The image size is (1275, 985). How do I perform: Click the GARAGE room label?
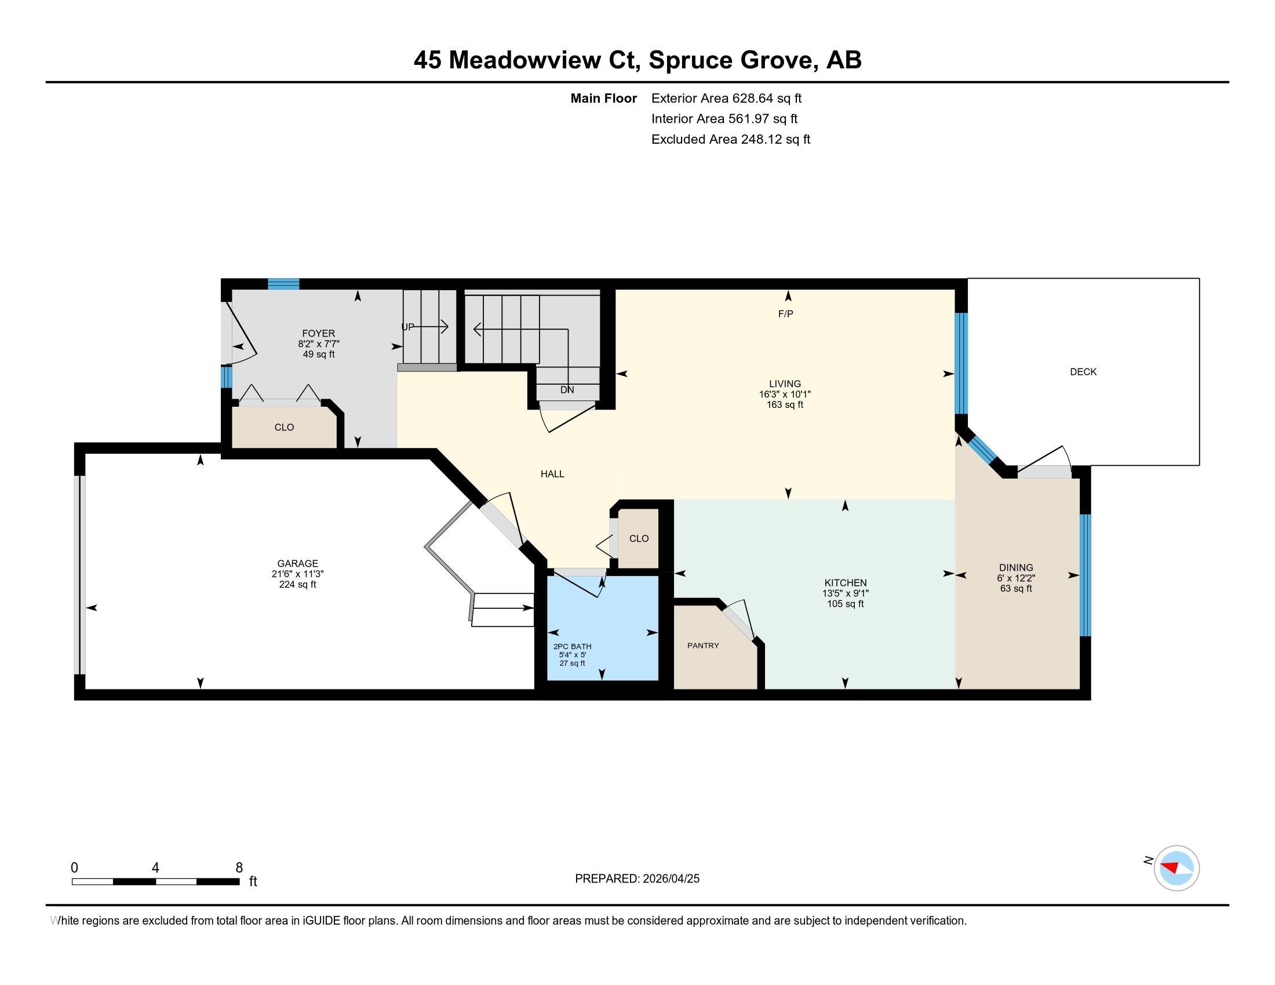(297, 563)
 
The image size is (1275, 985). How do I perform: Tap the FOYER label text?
(318, 333)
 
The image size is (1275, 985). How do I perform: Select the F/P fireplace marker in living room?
(785, 314)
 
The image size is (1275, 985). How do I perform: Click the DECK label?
(1083, 372)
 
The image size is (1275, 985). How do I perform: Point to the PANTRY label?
(703, 645)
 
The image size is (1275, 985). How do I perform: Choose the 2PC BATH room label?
(572, 646)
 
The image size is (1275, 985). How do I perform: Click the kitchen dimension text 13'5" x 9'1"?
(846, 593)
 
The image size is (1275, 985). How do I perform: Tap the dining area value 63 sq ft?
(1016, 588)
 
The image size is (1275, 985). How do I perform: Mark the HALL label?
(552, 474)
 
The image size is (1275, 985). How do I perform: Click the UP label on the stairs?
(407, 327)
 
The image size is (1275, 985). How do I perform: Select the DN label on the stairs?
(567, 390)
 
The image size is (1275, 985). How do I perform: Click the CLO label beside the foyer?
(284, 427)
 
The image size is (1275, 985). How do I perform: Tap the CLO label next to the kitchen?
(639, 538)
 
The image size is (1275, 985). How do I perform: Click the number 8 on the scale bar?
(239, 867)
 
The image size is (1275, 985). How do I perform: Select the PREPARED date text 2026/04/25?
(670, 878)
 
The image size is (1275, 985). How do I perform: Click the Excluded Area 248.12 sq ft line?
(730, 140)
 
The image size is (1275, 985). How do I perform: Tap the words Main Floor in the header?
(603, 99)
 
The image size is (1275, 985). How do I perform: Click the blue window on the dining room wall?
(1085, 575)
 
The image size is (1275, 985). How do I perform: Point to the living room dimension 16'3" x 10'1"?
(785, 394)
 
